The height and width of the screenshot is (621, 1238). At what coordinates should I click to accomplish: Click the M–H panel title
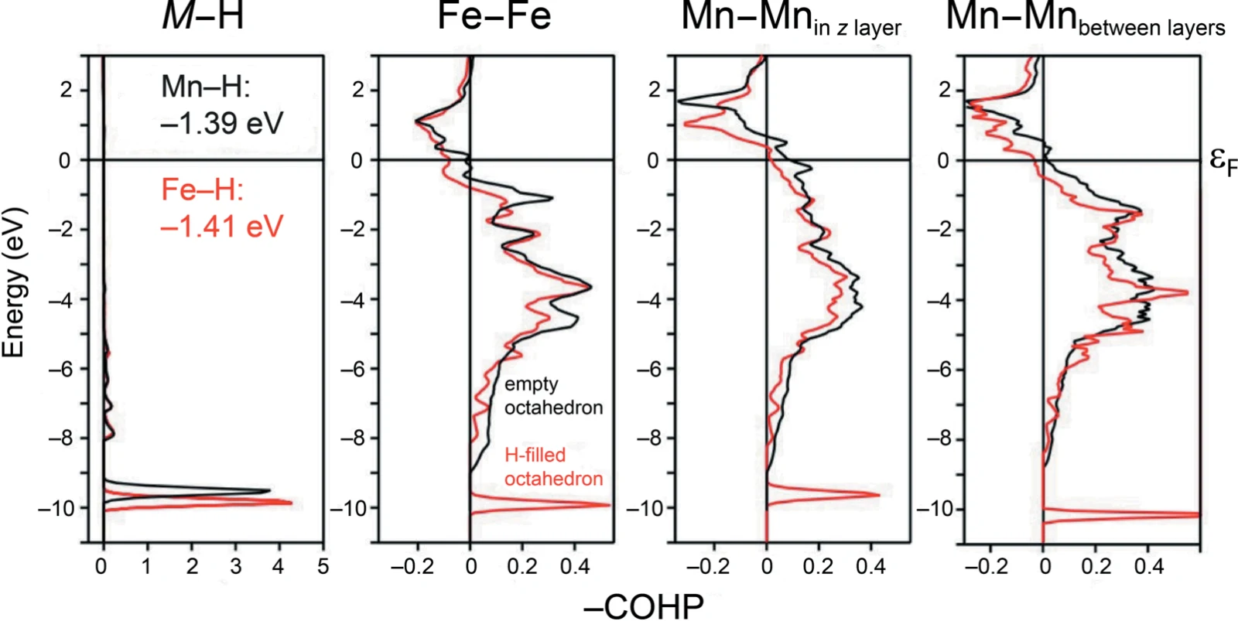(203, 15)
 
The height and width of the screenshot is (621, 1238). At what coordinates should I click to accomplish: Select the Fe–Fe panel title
(494, 15)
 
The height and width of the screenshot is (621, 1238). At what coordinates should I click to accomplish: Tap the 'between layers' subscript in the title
(1151, 28)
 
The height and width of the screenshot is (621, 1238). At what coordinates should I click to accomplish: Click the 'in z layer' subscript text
(857, 28)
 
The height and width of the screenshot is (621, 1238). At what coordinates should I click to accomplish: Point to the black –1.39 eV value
(221, 123)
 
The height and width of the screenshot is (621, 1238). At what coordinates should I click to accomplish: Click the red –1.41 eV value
(221, 226)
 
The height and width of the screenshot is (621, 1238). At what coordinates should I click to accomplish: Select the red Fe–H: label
(202, 190)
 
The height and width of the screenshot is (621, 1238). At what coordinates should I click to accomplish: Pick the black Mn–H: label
(206, 87)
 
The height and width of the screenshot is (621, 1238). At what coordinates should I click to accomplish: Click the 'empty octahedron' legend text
(553, 396)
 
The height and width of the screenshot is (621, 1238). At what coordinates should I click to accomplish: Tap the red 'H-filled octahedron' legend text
(553, 467)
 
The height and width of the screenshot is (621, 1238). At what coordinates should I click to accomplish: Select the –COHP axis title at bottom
(644, 606)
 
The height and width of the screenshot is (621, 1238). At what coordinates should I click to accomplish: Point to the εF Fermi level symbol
(1222, 162)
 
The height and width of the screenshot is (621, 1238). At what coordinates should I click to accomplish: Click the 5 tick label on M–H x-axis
(323, 566)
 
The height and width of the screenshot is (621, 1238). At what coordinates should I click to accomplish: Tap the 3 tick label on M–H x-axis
(236, 566)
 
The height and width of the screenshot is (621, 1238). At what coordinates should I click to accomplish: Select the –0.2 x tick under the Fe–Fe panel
(412, 566)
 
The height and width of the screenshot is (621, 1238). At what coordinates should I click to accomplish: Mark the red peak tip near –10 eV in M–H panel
(291, 503)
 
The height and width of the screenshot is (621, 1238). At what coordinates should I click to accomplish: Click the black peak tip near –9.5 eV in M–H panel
(270, 490)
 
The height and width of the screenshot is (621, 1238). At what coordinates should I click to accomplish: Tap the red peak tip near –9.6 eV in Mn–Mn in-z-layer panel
(879, 494)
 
